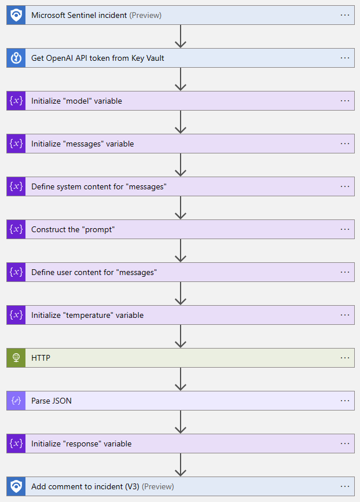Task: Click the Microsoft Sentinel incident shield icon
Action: (16, 15)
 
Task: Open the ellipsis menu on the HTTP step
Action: (345, 358)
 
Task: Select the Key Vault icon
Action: (16, 58)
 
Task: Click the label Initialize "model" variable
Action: (76, 101)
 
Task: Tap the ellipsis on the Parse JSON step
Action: (345, 401)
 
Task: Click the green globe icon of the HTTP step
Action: (16, 358)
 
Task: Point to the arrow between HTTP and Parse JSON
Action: (181, 379)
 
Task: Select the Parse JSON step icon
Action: (16, 401)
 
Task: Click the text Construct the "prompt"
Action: (73, 229)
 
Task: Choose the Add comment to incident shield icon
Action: (16, 486)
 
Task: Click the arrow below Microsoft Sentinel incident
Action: (181, 36)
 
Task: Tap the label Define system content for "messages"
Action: (99, 186)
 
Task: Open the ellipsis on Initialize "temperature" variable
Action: (345, 315)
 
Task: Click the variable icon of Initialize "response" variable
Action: (16, 444)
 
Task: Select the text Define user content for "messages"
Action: (94, 272)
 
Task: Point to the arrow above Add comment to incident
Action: (181, 465)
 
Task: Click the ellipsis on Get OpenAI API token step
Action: (345, 58)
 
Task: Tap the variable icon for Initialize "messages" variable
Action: (16, 144)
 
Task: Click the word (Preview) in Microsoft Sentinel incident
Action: (145, 15)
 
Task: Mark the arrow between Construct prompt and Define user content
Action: (181, 251)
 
